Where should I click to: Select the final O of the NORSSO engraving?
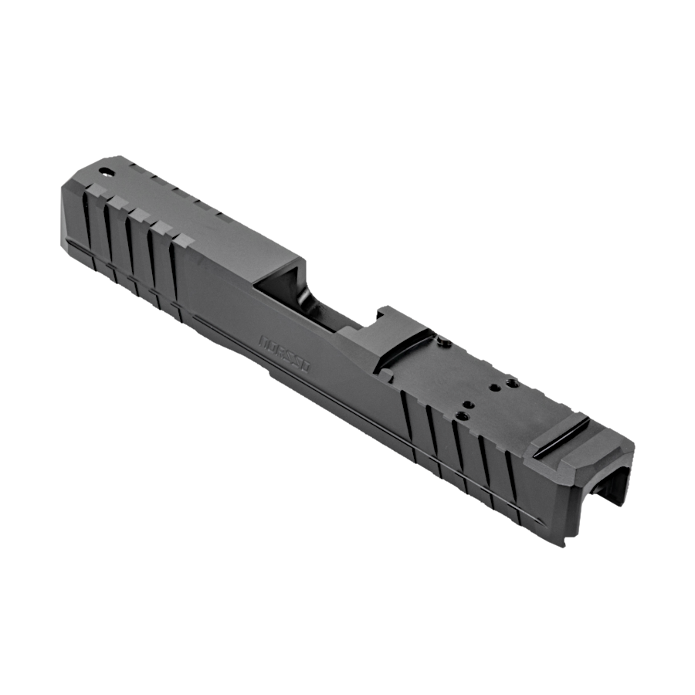pyautogui.click(x=305, y=371)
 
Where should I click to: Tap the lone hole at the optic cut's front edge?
pyautogui.click(x=442, y=345)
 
